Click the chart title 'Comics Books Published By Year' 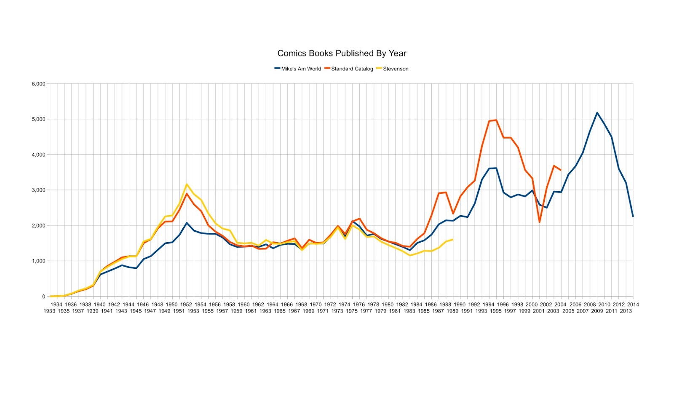click(342, 53)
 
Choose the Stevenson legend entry click(395, 69)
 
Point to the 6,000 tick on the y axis click(38, 84)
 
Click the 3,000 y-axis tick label click(38, 190)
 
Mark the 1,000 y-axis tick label click(38, 261)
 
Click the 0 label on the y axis click(43, 297)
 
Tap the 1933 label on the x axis click(49, 311)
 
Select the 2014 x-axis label click(633, 304)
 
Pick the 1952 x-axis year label click(186, 304)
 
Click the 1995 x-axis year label click(496, 311)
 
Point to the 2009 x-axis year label click(597, 311)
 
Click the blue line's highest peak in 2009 click(597, 113)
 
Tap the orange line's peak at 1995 click(496, 120)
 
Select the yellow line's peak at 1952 click(187, 184)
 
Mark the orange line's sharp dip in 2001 click(539, 222)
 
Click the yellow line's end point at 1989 click(453, 240)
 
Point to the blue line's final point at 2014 click(633, 217)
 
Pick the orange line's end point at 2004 click(561, 170)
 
